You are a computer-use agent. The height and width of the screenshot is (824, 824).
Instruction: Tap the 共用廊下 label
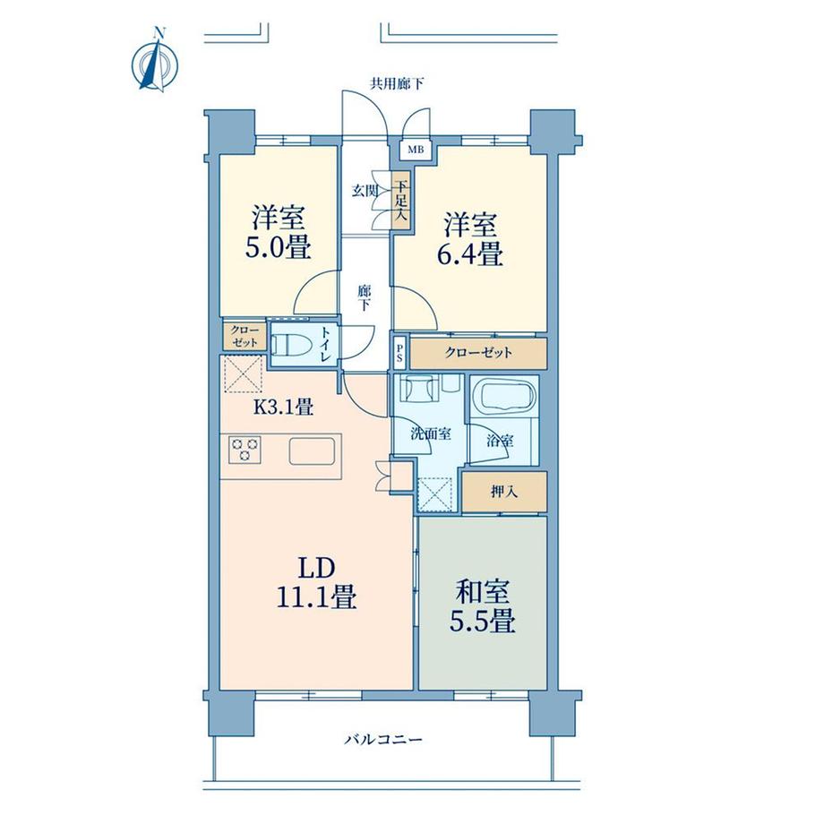click(398, 83)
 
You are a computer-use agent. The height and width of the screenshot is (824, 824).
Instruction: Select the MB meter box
click(416, 150)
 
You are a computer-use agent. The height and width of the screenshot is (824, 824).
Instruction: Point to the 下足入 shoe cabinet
click(401, 201)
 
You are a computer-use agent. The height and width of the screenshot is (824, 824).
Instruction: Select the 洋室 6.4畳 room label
click(470, 238)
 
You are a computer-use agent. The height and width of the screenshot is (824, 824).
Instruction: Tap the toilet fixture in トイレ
click(288, 345)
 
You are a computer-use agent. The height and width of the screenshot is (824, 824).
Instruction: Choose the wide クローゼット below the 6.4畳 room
click(478, 353)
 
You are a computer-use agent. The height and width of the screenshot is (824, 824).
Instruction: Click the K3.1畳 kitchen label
click(284, 407)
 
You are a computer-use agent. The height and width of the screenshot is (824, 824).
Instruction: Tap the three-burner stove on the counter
click(245, 450)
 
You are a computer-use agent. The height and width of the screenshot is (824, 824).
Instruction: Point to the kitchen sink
click(313, 451)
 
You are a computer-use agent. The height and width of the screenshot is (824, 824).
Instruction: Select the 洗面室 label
click(431, 434)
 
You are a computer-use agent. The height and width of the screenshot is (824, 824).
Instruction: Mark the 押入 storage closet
click(504, 492)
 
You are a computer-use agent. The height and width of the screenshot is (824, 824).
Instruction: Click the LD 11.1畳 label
click(317, 583)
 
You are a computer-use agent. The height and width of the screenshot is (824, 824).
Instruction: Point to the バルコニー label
click(383, 740)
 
